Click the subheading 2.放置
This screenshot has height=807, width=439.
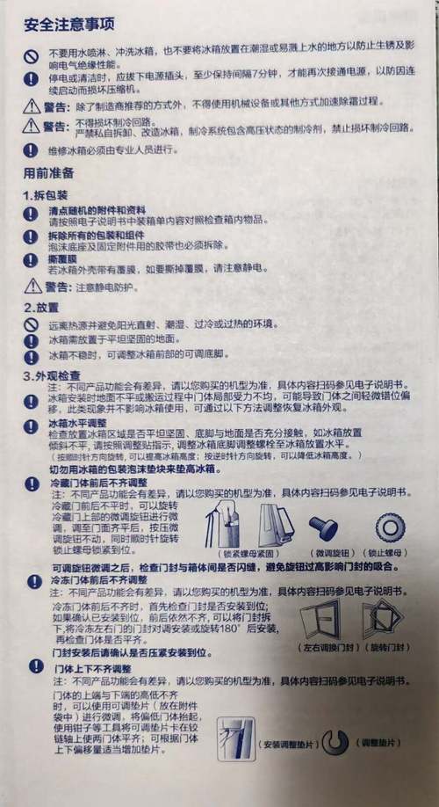click(x=39, y=308)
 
